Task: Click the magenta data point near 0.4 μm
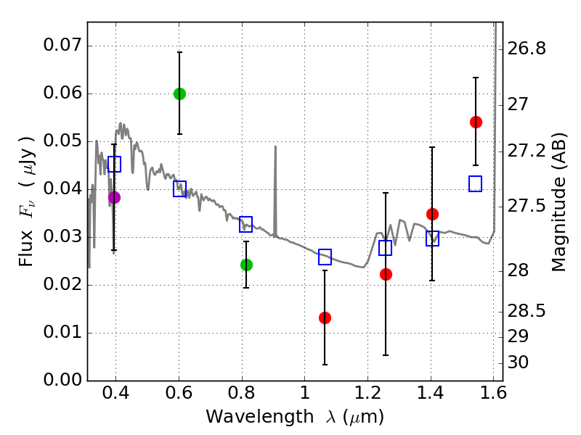(x=114, y=197)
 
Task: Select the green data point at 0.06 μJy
(x=179, y=94)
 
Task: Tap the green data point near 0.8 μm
(x=246, y=265)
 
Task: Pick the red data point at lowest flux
(x=325, y=318)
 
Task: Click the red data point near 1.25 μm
(x=386, y=274)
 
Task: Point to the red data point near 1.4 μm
(x=432, y=214)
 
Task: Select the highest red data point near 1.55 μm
(x=476, y=122)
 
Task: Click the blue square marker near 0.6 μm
(x=179, y=188)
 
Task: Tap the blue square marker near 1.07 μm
(x=325, y=257)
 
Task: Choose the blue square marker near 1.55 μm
(x=476, y=183)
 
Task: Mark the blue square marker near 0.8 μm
(x=246, y=224)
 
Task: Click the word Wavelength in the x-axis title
(x=242, y=417)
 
